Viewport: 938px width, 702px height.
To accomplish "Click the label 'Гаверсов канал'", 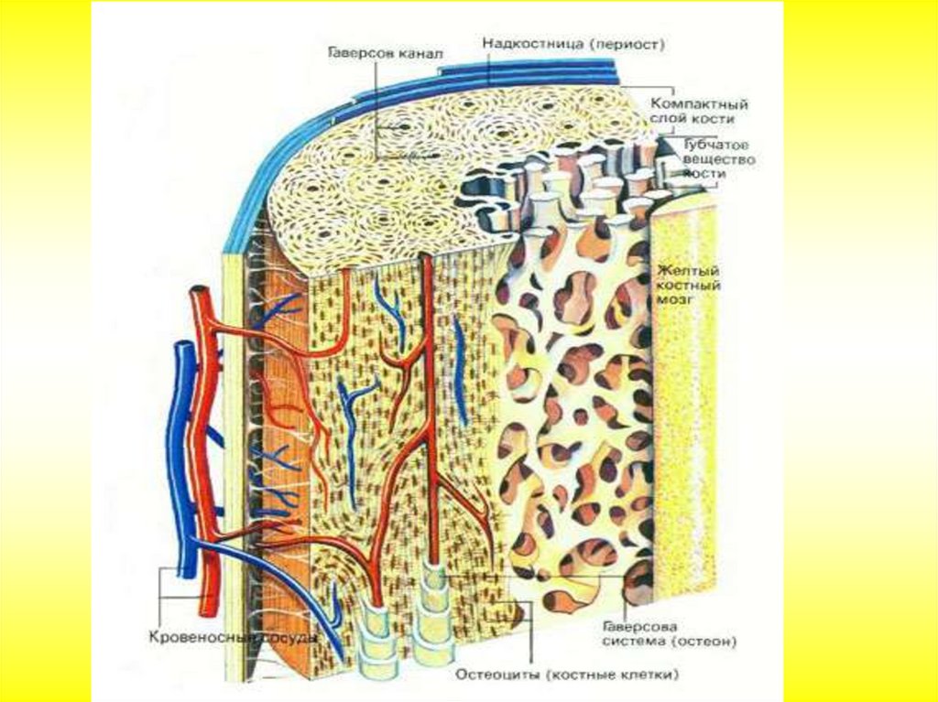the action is tap(385, 53).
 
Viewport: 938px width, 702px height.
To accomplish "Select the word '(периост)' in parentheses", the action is tap(627, 43).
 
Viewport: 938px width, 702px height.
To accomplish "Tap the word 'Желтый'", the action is tap(688, 271).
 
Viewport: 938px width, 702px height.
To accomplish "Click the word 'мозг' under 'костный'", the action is tap(678, 299).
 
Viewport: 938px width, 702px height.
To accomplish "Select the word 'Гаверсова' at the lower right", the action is tap(640, 627).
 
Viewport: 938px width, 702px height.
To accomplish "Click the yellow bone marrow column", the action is tap(683, 412).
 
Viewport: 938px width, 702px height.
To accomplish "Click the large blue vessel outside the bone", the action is tap(184, 458).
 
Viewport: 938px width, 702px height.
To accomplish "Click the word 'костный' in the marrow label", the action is tap(688, 286).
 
